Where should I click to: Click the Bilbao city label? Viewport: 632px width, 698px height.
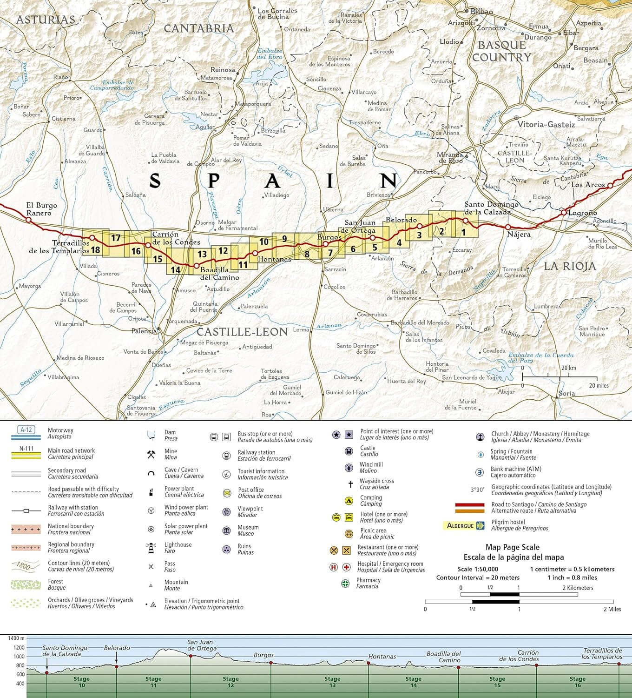tap(481, 11)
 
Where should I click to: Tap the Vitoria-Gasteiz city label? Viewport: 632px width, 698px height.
tap(546, 124)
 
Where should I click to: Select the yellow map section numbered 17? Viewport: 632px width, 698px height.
tap(116, 238)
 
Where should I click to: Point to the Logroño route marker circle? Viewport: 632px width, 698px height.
tap(564, 213)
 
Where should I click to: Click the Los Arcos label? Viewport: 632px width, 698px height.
tap(588, 185)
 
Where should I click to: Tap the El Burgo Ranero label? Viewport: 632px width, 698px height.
tap(41, 209)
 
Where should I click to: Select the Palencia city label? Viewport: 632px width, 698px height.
tap(144, 331)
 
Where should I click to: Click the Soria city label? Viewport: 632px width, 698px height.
tap(566, 393)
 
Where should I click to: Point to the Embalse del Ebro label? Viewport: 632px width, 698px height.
tap(270, 54)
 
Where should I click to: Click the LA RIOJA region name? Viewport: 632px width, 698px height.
tap(569, 266)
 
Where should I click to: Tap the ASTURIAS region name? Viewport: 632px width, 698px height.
tap(46, 20)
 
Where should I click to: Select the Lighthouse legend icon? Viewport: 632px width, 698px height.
tap(151, 548)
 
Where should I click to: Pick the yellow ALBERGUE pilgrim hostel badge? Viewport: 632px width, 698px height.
tap(463, 525)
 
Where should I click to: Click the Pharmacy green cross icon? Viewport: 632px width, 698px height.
tap(345, 583)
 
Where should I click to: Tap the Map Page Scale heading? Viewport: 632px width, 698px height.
tap(512, 547)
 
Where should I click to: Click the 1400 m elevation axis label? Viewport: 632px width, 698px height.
tap(16, 638)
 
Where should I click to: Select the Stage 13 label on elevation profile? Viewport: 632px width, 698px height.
tap(332, 682)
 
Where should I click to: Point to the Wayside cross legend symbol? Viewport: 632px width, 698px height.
tap(350, 484)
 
